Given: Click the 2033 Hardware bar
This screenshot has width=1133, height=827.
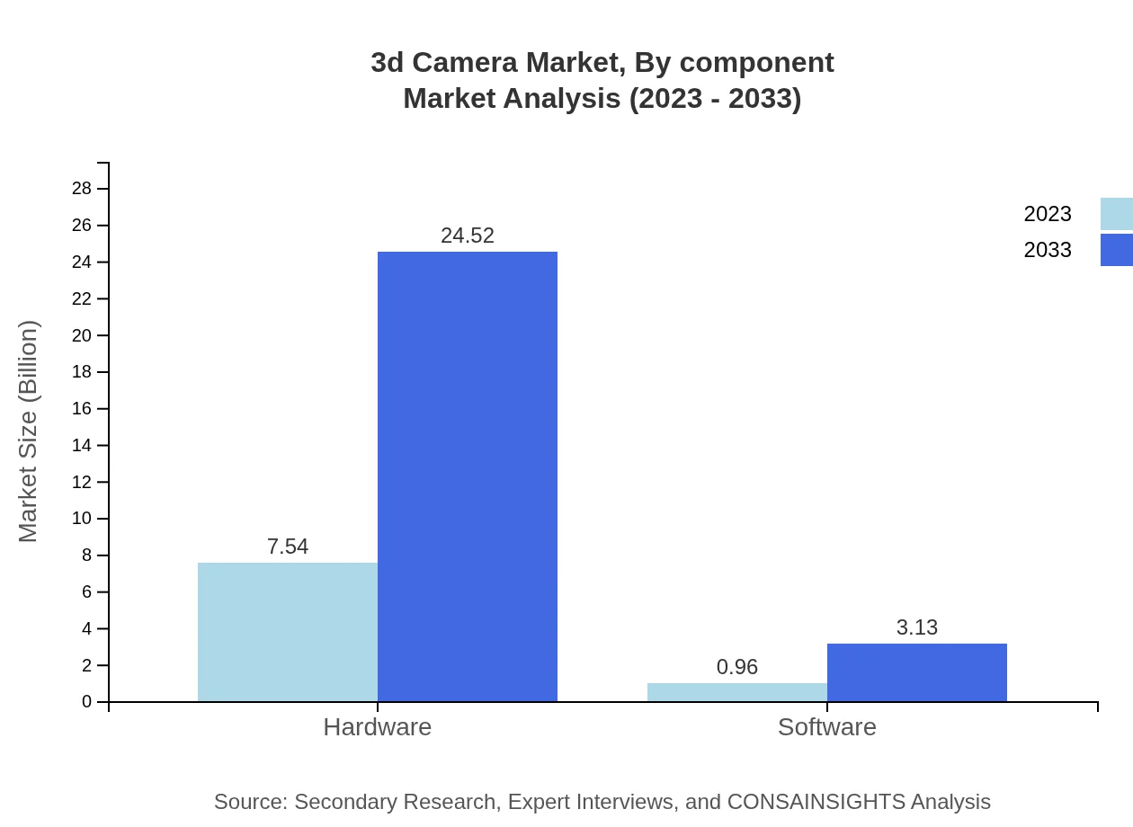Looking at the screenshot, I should [468, 476].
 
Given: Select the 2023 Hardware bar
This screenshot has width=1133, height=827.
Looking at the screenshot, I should [288, 632].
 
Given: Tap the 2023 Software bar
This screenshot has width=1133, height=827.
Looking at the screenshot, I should [737, 692].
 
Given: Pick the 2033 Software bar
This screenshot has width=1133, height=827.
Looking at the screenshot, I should [917, 672].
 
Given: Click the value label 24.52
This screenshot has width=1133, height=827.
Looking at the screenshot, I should [468, 236].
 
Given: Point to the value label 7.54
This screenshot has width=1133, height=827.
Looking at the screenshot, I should [288, 547].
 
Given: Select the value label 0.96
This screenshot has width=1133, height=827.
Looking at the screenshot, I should [737, 667].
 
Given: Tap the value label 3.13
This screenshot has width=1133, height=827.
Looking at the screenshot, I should [917, 627].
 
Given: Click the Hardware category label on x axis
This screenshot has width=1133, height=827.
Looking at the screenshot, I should [378, 727].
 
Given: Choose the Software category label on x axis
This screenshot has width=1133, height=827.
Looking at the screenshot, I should [827, 727].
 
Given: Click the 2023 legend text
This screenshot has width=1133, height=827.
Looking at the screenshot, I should [1048, 214].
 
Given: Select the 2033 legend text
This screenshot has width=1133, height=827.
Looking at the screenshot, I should [1048, 250].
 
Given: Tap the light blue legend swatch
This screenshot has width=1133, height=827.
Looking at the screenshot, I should [1117, 214].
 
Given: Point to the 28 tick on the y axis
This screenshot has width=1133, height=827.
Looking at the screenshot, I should [82, 189].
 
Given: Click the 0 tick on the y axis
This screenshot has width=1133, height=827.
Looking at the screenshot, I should [87, 702].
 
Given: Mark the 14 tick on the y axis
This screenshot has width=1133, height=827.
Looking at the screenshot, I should [82, 446].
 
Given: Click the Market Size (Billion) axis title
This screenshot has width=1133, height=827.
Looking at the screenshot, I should [29, 431].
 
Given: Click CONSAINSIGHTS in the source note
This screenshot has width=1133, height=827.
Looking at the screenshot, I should [815, 802].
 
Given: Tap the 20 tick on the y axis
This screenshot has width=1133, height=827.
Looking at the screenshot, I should [82, 335].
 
